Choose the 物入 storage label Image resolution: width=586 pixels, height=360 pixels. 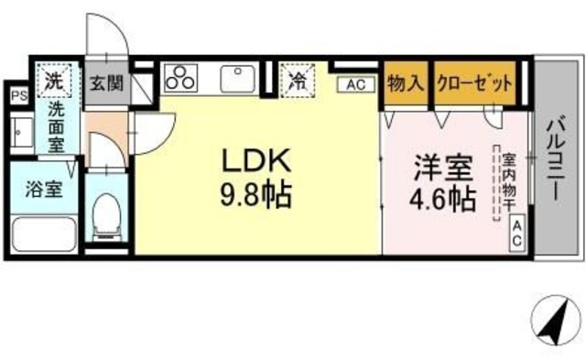coord(406,82)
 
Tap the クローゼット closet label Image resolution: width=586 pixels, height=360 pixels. coord(473,82)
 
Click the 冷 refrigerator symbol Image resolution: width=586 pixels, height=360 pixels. coord(298,79)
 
